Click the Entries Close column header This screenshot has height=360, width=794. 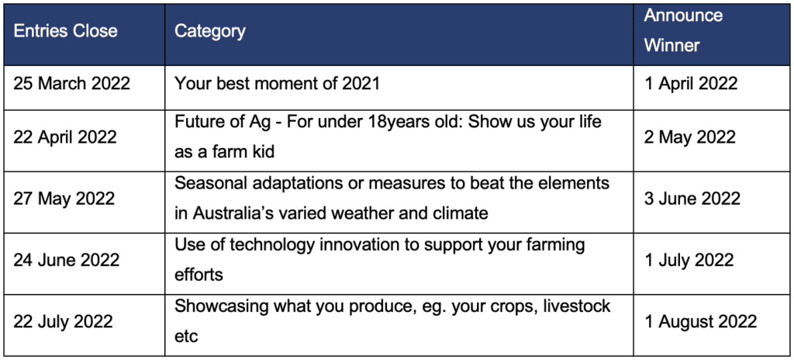coord(65,32)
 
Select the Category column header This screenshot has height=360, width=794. coord(209,32)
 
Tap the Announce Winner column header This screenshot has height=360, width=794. coord(683,30)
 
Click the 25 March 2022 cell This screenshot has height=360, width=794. coord(72,83)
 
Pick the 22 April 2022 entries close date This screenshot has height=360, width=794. coord(65,137)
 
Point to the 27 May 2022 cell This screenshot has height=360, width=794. coord(64,199)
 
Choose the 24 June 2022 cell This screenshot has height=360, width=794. coord(67,260)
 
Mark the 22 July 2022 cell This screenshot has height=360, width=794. coord(64,321)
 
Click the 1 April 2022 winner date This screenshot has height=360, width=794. coord(691,83)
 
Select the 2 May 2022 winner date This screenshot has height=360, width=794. coord(689,137)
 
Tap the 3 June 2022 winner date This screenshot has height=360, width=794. coord(692,199)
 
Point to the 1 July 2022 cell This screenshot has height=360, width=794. coord(689,260)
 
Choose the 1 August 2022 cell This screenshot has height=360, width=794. coord(700,321)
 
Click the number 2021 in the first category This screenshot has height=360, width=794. coord(360,83)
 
